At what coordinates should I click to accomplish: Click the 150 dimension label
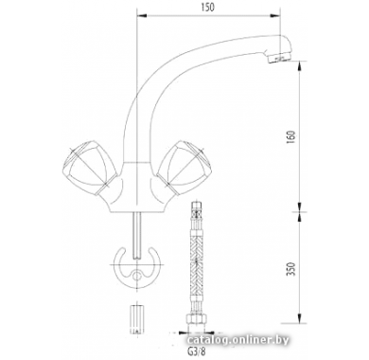[207, 7]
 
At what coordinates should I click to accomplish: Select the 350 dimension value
[292, 269]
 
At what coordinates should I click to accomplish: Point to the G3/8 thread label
[197, 351]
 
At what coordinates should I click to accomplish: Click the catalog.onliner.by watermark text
[237, 340]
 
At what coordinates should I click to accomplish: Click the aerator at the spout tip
[279, 59]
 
